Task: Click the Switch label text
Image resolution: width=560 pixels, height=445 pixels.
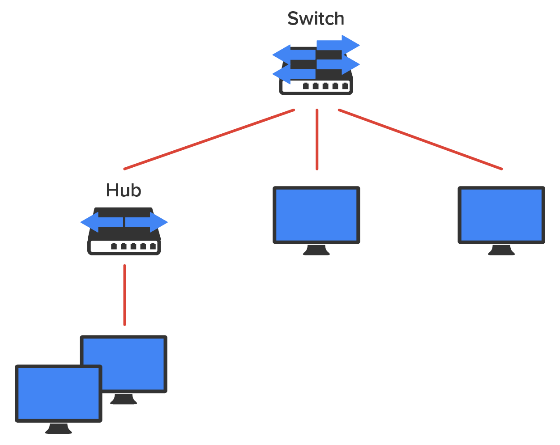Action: [316, 19]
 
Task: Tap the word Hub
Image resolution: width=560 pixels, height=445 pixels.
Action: [124, 191]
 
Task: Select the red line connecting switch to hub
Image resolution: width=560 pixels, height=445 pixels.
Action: [209, 140]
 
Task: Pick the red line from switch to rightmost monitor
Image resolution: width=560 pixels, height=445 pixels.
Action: [420, 140]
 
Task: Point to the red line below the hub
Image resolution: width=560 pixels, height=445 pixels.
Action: [124, 295]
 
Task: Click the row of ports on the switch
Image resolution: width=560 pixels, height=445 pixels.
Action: [325, 86]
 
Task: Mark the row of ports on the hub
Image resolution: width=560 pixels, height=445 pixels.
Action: [133, 246]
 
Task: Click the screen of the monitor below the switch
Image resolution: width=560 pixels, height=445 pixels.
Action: [316, 215]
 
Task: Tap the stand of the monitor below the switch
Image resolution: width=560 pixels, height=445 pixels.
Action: [316, 250]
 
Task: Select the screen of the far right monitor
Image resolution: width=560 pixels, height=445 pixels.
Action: [501, 215]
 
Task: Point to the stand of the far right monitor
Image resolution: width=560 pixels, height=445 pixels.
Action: [501, 250]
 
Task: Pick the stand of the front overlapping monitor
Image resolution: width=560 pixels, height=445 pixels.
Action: [58, 429]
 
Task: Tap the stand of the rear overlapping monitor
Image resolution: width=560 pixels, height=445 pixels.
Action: [124, 399]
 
